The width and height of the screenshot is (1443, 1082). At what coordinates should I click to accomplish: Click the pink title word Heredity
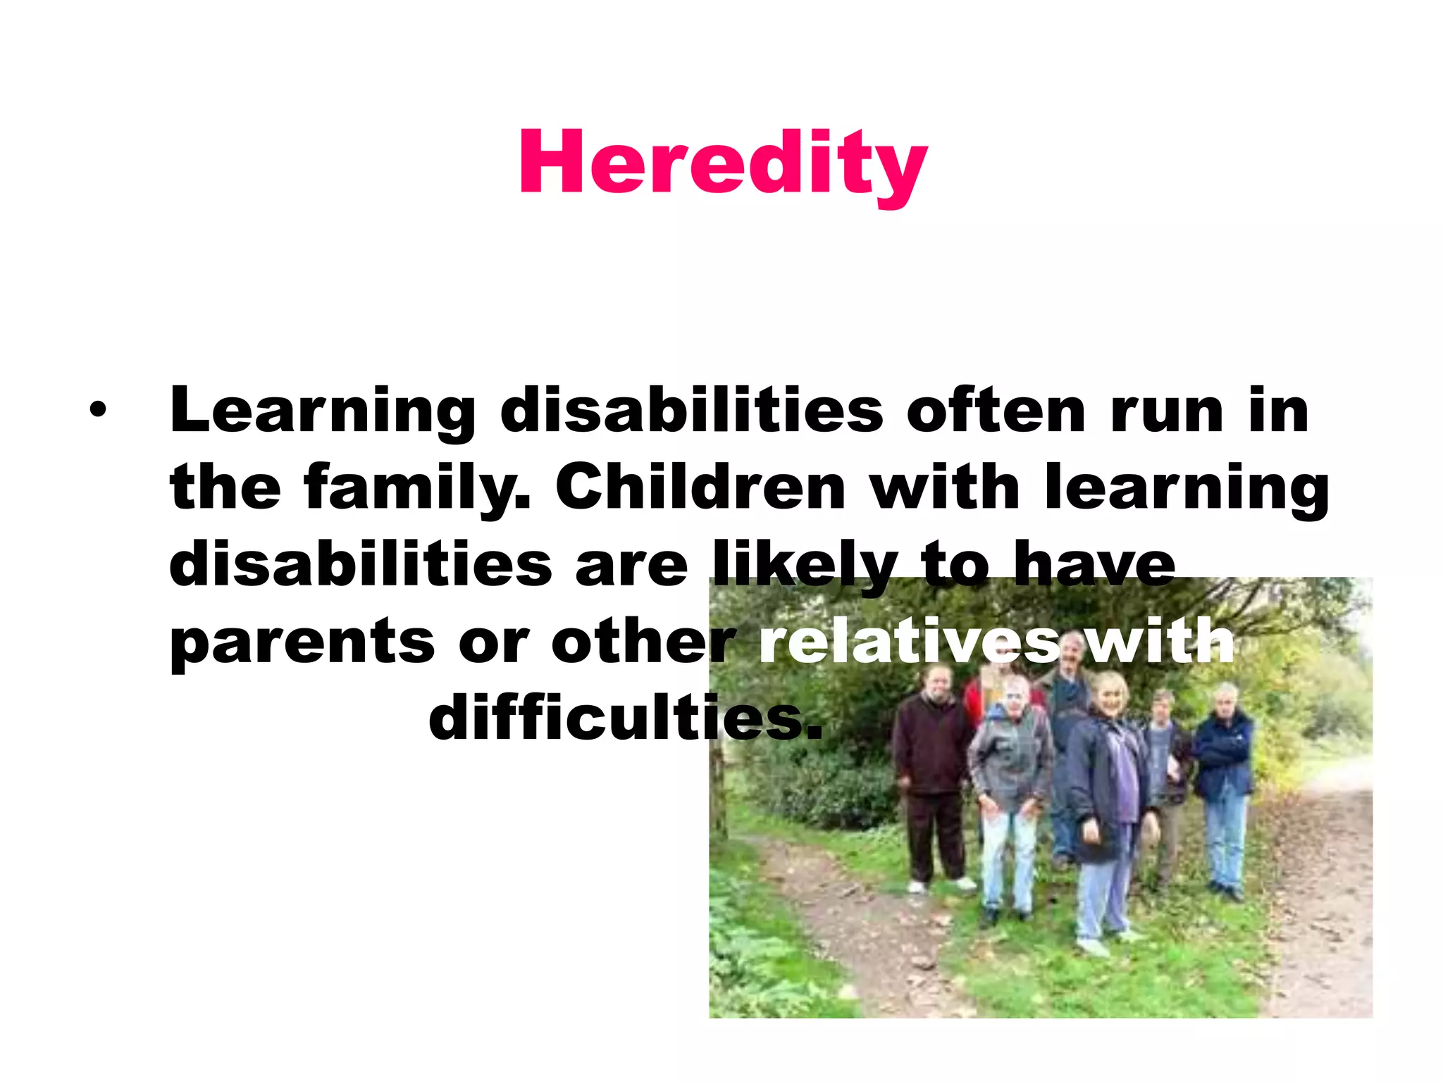point(722,163)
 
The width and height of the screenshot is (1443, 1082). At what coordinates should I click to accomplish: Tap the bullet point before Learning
point(98,410)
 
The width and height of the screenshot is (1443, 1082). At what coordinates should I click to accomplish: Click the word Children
point(700,487)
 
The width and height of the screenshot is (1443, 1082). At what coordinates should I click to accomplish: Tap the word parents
point(303,642)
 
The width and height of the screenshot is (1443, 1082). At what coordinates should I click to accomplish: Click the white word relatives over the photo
point(909,641)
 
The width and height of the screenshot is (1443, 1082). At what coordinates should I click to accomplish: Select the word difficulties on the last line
point(626,719)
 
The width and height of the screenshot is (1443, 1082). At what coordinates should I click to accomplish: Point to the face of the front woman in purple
point(1110,694)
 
